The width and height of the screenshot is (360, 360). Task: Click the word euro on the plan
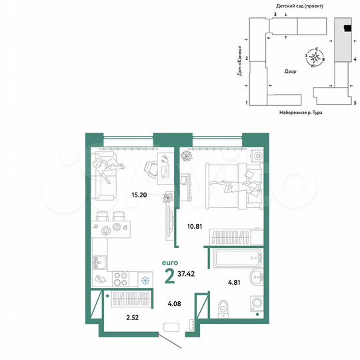[170, 263]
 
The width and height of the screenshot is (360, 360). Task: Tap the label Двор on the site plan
[290, 71]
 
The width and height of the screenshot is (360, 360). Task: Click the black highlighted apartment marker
[347, 28]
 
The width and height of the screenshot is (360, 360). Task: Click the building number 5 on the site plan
[355, 103]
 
